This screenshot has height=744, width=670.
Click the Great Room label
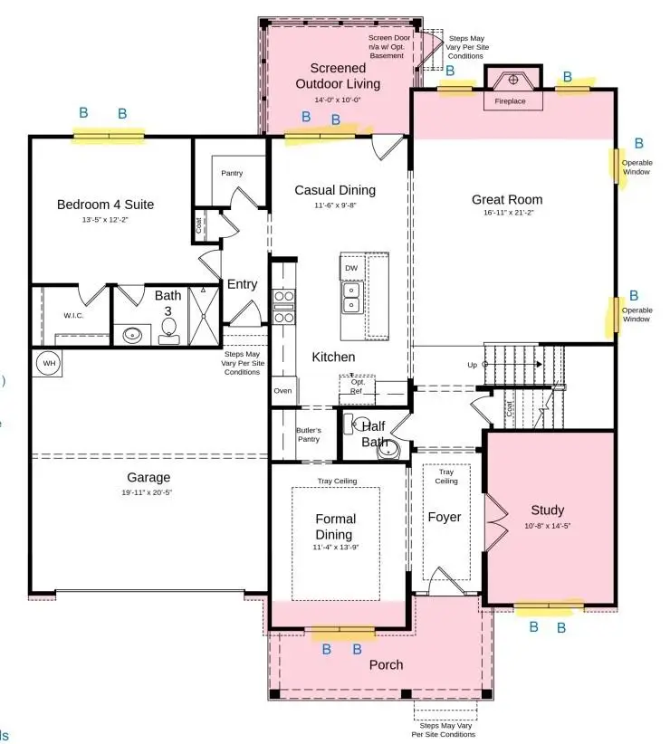[507, 200]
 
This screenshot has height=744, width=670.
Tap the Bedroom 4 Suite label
[105, 205]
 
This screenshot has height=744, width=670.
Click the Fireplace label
[510, 101]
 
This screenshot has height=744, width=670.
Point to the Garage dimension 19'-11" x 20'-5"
[148, 493]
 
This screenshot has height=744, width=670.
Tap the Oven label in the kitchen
[282, 391]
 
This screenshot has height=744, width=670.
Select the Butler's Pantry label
[309, 434]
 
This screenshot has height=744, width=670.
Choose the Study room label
[547, 510]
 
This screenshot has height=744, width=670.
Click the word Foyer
[444, 517]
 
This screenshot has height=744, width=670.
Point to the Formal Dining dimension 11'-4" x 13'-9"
[335, 548]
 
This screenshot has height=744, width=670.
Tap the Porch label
[386, 664]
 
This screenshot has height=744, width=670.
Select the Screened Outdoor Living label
[337, 76]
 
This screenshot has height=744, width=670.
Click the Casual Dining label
[335, 190]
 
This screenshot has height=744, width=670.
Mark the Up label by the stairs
[472, 365]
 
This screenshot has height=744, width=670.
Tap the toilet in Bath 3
[168, 335]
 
